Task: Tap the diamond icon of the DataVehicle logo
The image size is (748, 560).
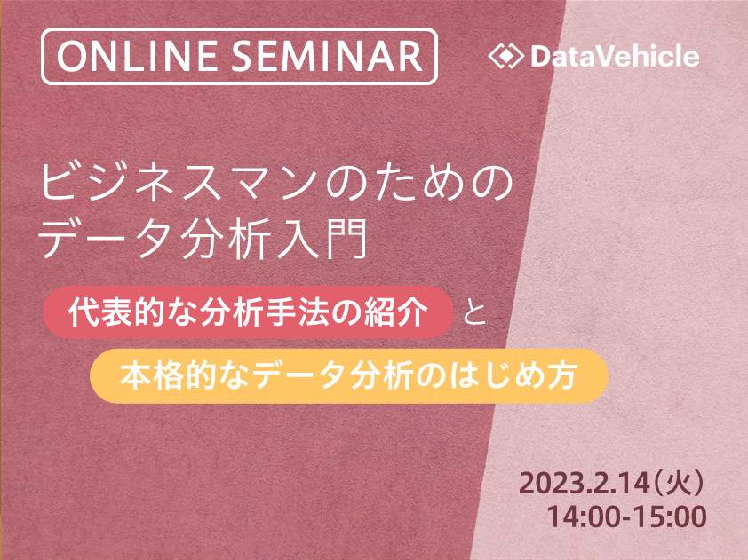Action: pos(506,56)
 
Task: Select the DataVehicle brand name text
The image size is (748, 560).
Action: pos(615,56)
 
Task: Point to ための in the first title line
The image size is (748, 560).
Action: pos(418,183)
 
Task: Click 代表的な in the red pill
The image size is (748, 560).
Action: pos(133,312)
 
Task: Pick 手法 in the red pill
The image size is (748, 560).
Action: pos(298,312)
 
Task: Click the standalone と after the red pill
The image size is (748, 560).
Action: pos(474,312)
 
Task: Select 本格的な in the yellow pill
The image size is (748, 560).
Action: pos(184,376)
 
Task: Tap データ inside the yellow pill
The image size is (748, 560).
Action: pos(298,376)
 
